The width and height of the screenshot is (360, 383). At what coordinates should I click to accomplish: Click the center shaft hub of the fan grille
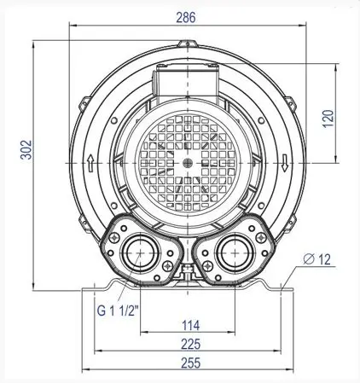tap(186, 161)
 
